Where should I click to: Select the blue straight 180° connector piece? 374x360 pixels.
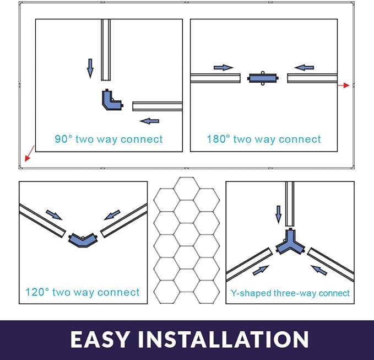[263, 78]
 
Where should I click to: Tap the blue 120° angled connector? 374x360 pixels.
[83, 240]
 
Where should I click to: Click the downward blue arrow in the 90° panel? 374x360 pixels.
[90, 68]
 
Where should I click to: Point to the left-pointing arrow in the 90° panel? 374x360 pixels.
[149, 121]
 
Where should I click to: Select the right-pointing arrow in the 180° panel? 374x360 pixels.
[223, 68]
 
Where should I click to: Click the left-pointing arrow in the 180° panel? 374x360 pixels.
[304, 68]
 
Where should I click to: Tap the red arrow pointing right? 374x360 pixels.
[344, 85]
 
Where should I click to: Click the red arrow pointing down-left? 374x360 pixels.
[30, 153]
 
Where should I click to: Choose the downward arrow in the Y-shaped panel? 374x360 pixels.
[278, 214]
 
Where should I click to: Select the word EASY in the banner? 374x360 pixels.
[100, 339]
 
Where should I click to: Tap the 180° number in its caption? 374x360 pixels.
[219, 139]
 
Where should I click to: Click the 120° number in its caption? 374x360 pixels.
[37, 292]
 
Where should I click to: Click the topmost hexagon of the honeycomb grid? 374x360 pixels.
[187, 189]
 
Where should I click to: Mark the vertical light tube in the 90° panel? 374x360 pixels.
[106, 50]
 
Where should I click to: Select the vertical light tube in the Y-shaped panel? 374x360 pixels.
[290, 203]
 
